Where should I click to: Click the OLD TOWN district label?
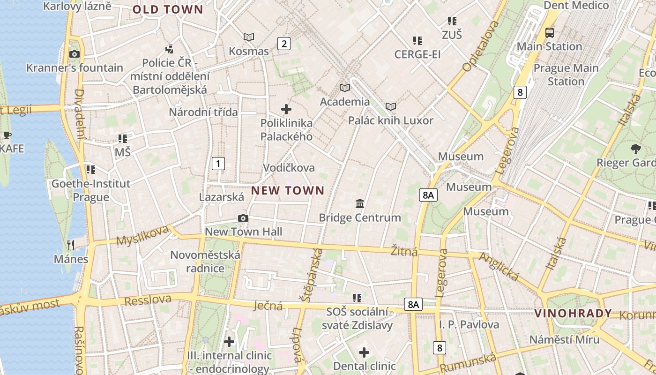pos(168,10)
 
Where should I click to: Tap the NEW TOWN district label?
pos(288,190)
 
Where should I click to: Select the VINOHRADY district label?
pos(573,313)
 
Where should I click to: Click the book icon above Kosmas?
pos(249,37)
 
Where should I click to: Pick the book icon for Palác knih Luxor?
pos(391,107)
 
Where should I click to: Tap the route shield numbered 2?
pos(283,44)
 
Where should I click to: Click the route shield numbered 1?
pos(218,164)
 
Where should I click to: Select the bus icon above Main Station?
pos(549,33)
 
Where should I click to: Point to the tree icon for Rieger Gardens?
pos(636,149)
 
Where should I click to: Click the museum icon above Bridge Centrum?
pos(360,204)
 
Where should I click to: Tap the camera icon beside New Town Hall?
pos(243,218)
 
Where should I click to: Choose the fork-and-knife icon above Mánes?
pos(71,245)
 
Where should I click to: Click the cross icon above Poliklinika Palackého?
pos(286,110)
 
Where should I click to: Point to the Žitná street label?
pos(404,252)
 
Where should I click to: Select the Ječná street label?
pos(268,306)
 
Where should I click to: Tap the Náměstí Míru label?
pos(564,339)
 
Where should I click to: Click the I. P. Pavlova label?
pos(469,324)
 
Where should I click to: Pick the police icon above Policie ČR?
pos(170,48)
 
